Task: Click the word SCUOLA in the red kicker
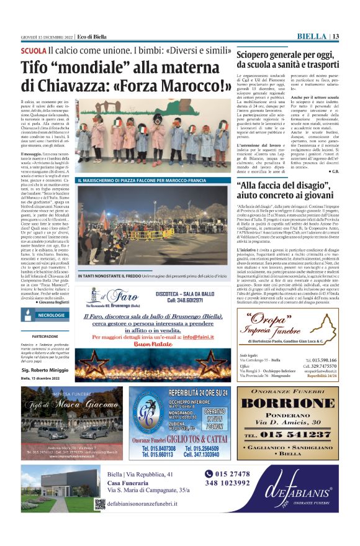coord(34,50)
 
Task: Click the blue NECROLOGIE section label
coord(51,316)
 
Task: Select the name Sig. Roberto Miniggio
coord(45,370)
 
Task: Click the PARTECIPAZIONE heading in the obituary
coord(45,336)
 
